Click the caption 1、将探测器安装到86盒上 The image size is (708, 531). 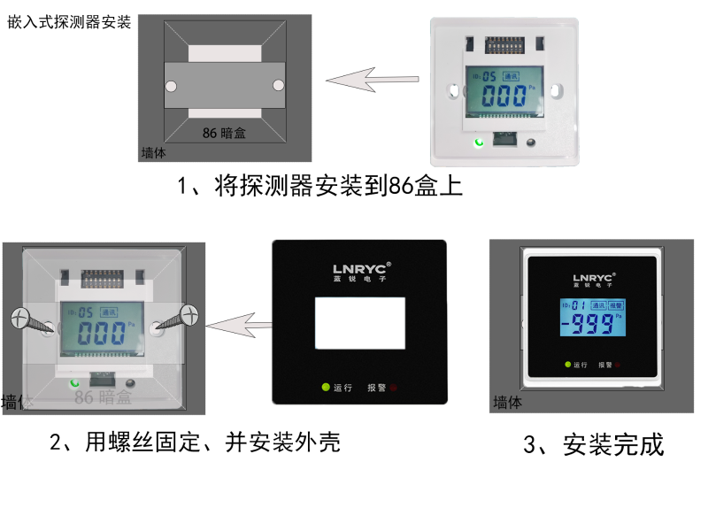coord(320,186)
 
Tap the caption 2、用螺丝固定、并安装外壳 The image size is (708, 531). coord(195,441)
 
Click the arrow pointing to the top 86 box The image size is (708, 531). coord(372,81)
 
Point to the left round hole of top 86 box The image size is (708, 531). coord(173,86)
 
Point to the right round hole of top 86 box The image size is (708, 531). coord(279,85)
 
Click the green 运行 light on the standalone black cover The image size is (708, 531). coord(325,388)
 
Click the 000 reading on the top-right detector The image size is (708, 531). coord(504,97)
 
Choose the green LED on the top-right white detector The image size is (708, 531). coord(479,142)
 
